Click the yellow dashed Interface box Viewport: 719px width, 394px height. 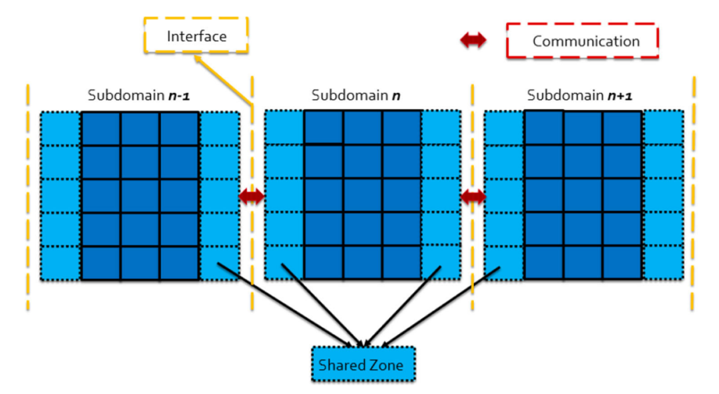pos(196,35)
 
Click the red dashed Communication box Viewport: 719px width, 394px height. pos(583,41)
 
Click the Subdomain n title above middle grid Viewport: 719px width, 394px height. pos(356,95)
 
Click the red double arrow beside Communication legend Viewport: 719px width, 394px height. pos(474,41)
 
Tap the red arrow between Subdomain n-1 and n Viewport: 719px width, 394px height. pos(252,196)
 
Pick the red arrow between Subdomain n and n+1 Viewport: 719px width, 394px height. pos(473,196)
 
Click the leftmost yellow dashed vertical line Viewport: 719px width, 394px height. pos(28,200)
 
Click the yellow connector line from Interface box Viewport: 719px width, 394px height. pos(224,80)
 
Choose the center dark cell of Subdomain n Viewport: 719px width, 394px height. pos(362,195)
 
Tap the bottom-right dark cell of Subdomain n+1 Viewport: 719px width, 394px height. pos(622,263)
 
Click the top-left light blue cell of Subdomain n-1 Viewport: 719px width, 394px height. pos(61,128)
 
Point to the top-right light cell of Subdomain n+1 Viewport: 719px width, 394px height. pos(663,128)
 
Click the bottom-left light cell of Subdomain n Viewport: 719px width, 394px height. pos(284,263)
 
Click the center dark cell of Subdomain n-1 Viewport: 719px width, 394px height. pos(140,195)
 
